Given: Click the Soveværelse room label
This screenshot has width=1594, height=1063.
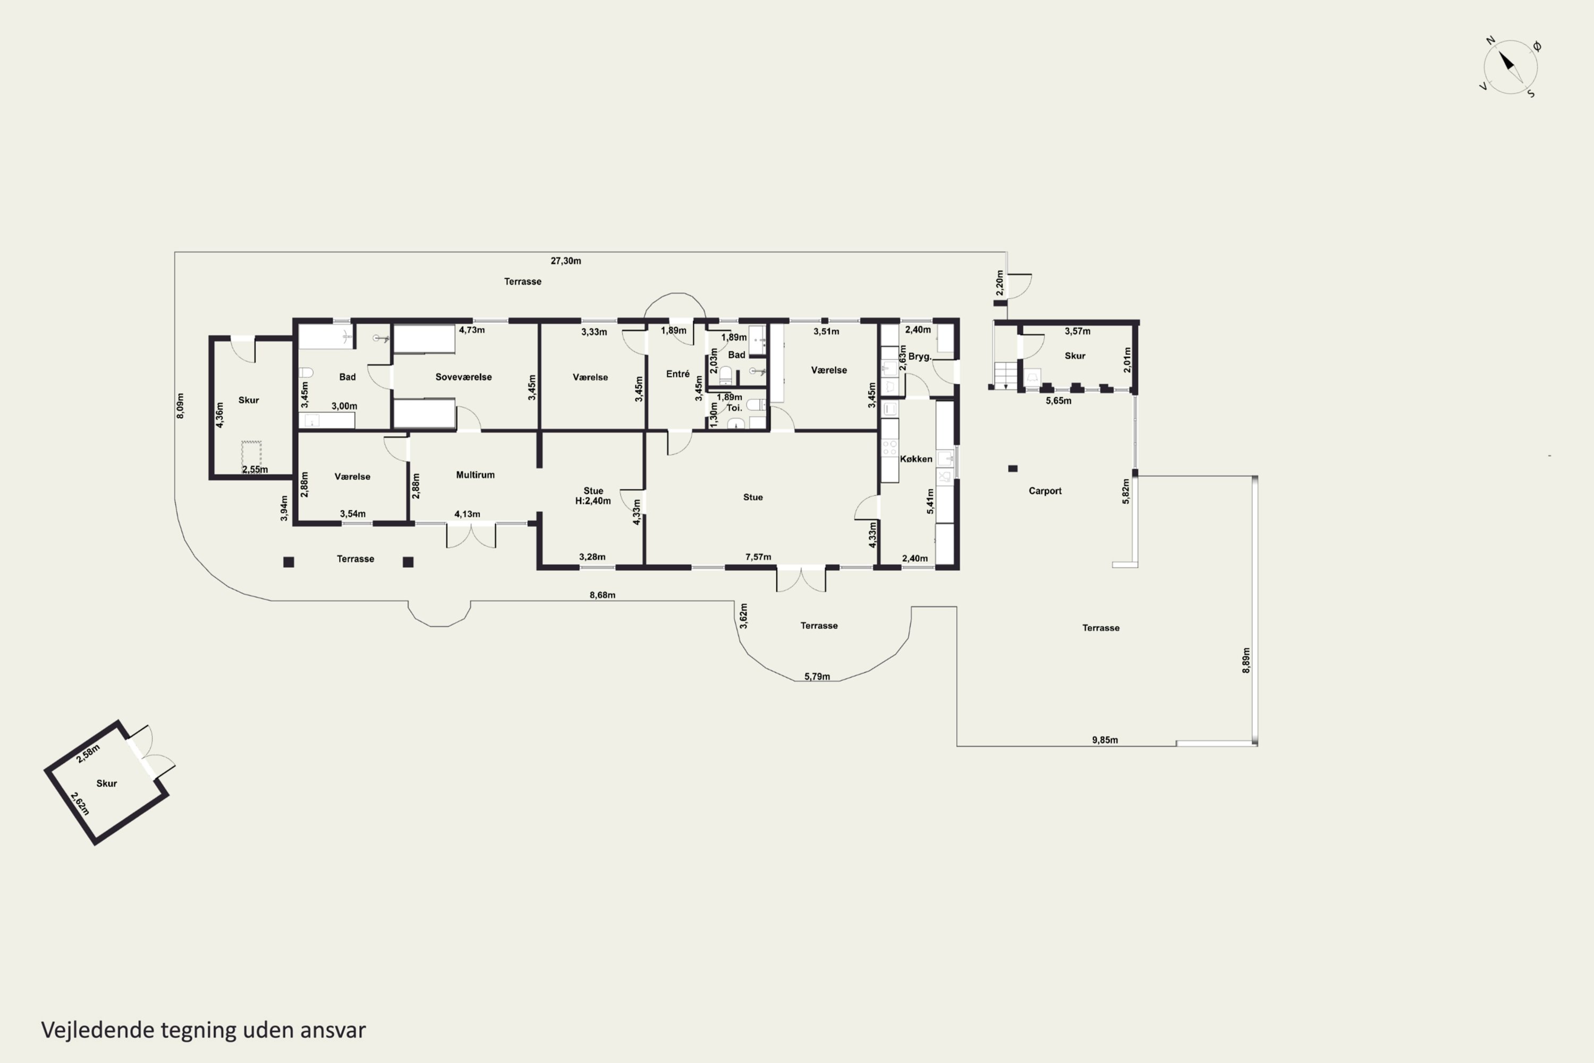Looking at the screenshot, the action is (463, 377).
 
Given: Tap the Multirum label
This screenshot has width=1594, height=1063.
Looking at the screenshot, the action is (475, 475).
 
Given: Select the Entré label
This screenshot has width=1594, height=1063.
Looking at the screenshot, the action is (678, 374).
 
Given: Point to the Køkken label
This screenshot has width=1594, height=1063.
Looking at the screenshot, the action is (916, 459).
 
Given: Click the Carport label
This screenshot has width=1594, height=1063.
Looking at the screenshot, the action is (1045, 491).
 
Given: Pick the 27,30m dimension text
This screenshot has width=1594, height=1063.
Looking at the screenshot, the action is (565, 260).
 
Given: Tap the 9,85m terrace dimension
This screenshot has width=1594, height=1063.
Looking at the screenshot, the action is (1105, 740).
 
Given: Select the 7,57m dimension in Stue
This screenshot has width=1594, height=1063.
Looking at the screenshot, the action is (758, 556).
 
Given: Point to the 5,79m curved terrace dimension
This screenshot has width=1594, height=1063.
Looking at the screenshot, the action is (817, 676).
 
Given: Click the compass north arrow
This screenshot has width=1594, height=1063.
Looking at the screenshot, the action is (1506, 62).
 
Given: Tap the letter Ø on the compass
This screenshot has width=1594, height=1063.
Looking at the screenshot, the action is (1537, 46).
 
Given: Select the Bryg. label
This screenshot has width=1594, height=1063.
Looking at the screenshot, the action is (920, 357).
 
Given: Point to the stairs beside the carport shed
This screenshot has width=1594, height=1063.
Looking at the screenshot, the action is (1006, 375).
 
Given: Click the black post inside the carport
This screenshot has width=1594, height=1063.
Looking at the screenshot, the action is (1013, 468).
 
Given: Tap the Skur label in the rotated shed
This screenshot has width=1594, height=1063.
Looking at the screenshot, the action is (106, 783).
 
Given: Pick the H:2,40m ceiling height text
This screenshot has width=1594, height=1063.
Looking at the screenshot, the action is (593, 501).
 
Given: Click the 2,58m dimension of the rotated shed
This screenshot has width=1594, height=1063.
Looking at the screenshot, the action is (88, 753).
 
